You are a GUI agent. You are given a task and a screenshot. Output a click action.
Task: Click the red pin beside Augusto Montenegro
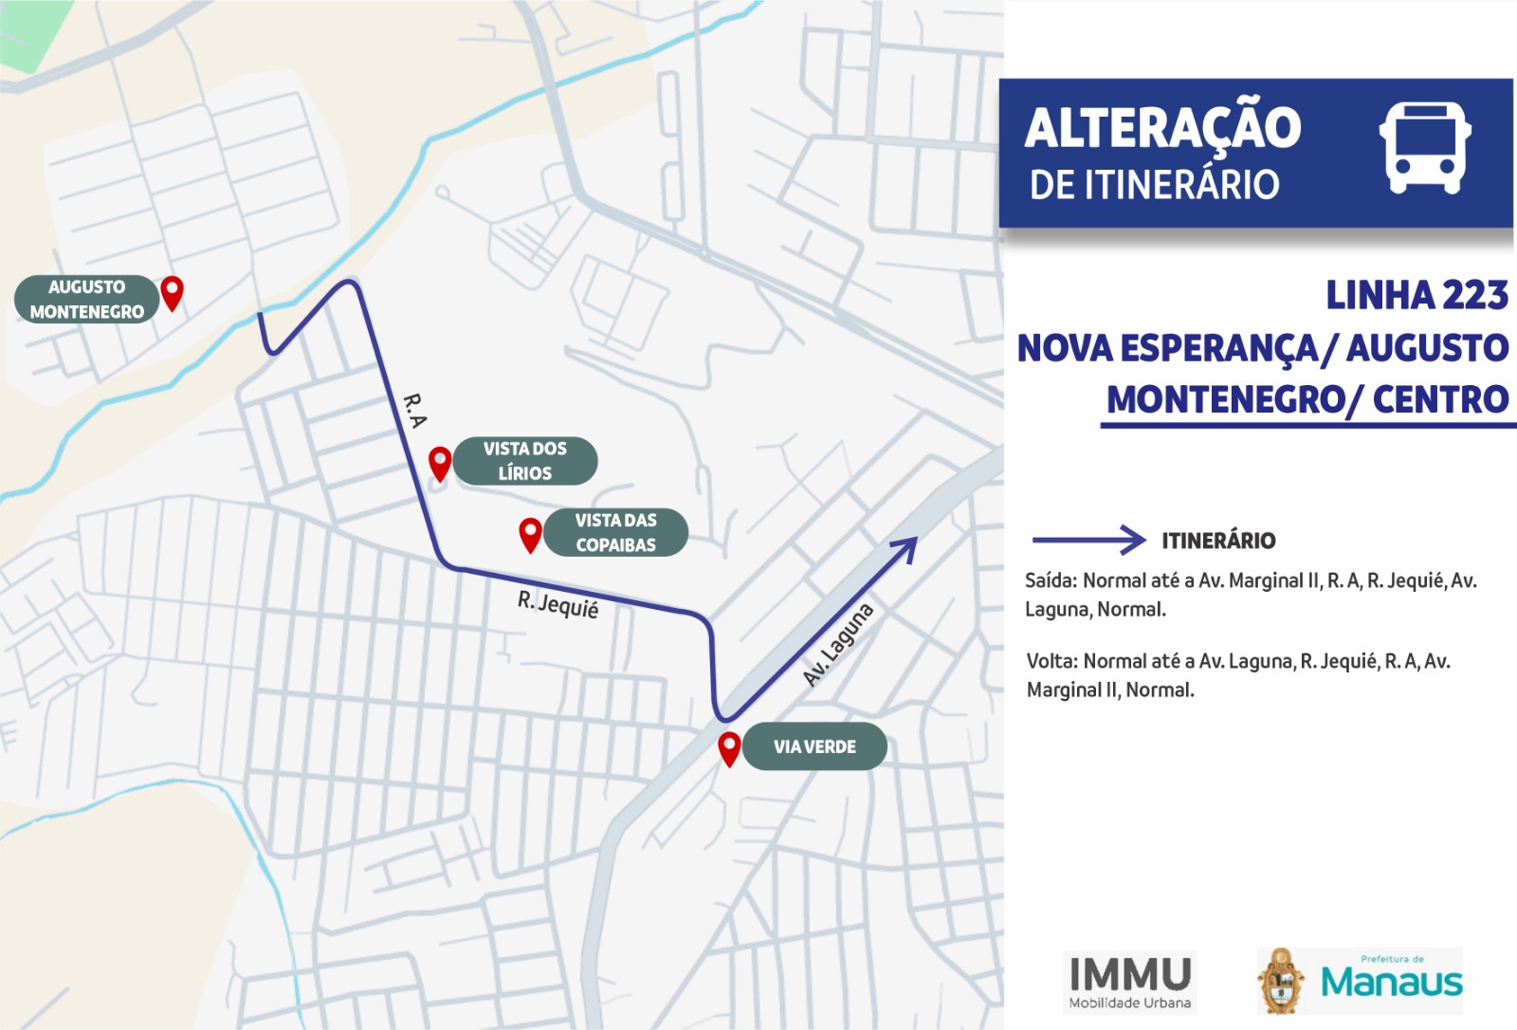pos(172,292)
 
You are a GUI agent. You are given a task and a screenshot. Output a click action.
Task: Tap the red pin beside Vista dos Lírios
pos(440,464)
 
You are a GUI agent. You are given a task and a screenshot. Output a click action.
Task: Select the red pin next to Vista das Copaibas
pos(530,534)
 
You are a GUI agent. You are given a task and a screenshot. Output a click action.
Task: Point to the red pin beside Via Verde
pos(729,748)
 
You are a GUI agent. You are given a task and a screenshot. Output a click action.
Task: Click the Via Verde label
pos(814,747)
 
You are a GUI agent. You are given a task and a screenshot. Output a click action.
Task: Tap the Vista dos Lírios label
pos(525,461)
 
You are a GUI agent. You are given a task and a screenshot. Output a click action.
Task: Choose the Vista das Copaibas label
pos(615,532)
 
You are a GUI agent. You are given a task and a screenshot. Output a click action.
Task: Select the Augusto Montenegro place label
pos(86,300)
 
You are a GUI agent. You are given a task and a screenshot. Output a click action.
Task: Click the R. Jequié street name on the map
pos(557,604)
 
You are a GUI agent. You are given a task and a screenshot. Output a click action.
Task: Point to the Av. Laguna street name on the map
pos(837,644)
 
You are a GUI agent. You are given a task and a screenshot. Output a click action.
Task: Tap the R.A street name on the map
pos(415,410)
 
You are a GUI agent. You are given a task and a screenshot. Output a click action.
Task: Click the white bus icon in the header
pos(1424,148)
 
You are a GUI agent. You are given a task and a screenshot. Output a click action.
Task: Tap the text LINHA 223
pos(1416,296)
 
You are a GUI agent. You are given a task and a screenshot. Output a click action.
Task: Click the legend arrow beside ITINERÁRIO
pos(1089,540)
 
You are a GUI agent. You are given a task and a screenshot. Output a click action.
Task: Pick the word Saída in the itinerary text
pos(1051,580)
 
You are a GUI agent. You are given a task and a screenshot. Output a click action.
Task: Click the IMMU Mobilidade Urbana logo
pos(1129,982)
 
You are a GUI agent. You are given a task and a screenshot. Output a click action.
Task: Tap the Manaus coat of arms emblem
pos(1282,982)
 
